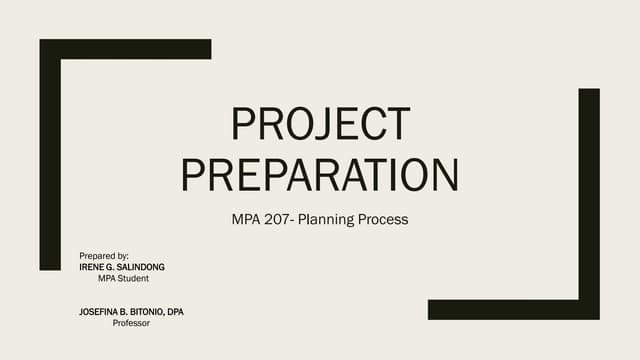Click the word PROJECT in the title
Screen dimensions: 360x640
coord(320,124)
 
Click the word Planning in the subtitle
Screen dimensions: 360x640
coord(333,219)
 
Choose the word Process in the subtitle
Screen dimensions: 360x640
coord(385,219)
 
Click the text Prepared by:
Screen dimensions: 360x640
coord(104,257)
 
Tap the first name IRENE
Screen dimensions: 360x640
coord(93,267)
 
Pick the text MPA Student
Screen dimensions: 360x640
coord(124,278)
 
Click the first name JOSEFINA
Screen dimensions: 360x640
coord(100,312)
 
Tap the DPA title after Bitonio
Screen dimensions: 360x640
coord(176,312)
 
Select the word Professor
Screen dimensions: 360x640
coord(131,323)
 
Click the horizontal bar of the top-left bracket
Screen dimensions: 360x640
coord(125,49)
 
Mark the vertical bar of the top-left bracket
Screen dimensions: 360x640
coord(50,160)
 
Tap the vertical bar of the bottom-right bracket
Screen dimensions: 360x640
coord(589,200)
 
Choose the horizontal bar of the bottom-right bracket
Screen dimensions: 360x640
coord(510,309)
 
